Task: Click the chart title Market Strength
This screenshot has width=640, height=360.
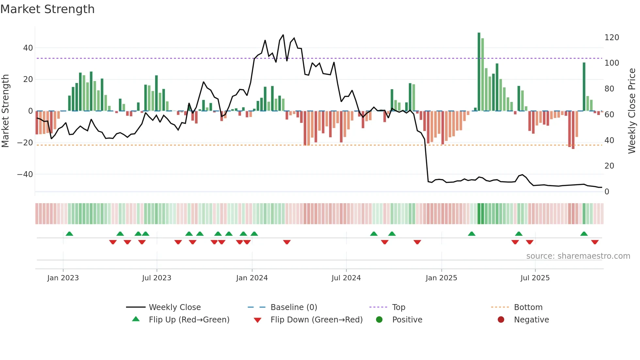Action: pos(47,9)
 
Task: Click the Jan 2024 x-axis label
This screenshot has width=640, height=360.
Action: pos(252,278)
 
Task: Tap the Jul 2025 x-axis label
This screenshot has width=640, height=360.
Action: pos(535,278)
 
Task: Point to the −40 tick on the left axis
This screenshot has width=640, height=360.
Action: pos(25,174)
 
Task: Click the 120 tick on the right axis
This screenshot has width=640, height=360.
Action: pos(612,38)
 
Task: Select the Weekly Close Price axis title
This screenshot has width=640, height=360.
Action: pos(632,111)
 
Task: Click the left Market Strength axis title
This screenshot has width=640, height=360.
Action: pos(6,111)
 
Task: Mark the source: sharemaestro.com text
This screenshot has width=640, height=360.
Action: pos(578,256)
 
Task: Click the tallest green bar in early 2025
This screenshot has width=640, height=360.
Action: pos(479,72)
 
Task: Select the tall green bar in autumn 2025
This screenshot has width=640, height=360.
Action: pos(584,87)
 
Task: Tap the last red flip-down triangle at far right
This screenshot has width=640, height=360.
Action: pos(595,242)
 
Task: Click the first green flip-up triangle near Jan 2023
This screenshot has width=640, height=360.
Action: pos(69,234)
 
